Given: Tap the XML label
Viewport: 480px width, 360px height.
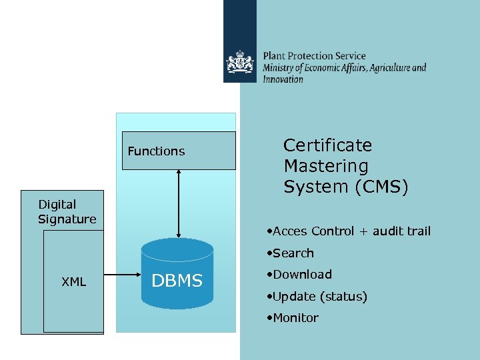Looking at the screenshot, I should click(73, 282).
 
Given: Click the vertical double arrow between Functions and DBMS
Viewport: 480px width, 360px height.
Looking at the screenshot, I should click(179, 203).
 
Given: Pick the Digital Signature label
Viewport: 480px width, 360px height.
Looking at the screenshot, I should click(67, 211).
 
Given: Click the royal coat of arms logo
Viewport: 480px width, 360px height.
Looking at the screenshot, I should click(239, 65).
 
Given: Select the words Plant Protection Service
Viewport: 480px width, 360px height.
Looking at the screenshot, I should click(314, 57).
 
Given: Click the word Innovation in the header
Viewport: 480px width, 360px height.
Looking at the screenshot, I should click(283, 79).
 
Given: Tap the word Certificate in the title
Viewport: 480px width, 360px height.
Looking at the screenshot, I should click(327, 145).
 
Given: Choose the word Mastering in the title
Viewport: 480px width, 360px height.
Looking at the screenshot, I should click(325, 166).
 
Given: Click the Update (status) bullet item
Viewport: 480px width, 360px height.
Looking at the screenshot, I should click(319, 297).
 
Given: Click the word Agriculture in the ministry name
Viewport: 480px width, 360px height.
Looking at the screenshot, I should click(389, 68).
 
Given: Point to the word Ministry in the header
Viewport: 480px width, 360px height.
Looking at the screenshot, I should click(280, 68).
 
